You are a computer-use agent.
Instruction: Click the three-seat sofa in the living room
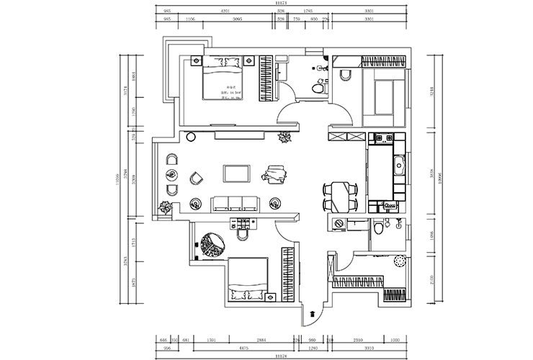pos(234,204)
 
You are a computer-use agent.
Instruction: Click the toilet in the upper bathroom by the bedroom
pos(316,87)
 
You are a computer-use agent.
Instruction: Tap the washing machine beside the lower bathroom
pos(337,225)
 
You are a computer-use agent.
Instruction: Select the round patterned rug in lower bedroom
pos(213,243)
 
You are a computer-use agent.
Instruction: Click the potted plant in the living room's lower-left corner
pos(166,209)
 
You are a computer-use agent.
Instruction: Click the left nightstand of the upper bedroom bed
pos(194,60)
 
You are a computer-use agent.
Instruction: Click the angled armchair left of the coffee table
pos(195,176)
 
